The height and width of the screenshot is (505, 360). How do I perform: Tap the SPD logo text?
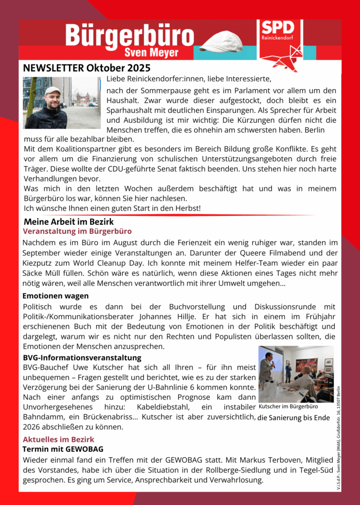click(278, 28)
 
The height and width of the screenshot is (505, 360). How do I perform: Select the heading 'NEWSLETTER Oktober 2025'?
click(87, 68)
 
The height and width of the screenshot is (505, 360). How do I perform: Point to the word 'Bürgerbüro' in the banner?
click(130, 36)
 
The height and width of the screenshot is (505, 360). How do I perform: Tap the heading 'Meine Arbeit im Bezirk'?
click(69, 222)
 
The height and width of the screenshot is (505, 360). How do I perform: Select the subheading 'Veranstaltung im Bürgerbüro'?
click(77, 231)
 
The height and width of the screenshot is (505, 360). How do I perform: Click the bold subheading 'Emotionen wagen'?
click(56, 296)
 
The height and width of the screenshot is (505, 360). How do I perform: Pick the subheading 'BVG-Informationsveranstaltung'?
click(82, 357)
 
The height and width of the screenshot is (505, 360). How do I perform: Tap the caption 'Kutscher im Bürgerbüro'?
click(288, 407)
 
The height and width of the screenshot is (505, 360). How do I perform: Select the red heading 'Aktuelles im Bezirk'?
click(59, 439)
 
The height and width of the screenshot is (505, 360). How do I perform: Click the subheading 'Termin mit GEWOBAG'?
click(63, 449)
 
